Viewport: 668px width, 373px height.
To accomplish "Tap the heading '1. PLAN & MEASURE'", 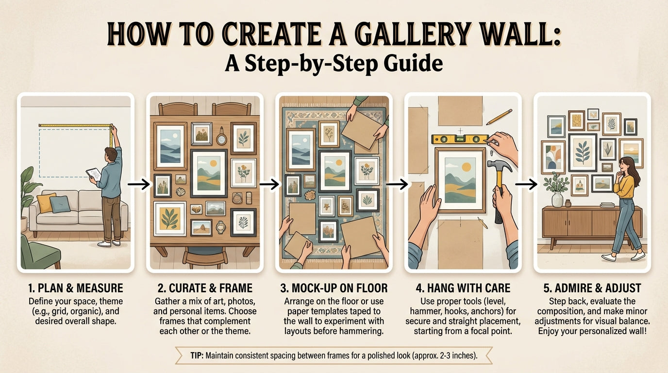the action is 75,288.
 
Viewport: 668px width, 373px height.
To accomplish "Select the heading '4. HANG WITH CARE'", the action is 463,288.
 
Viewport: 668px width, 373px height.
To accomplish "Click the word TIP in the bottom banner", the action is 197,356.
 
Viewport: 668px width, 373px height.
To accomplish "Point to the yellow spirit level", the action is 460,139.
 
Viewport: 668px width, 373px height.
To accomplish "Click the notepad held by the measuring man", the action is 94,173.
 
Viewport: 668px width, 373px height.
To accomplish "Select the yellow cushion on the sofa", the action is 46,203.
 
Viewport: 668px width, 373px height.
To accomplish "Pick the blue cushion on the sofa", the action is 60,204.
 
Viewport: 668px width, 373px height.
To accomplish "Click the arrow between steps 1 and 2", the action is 139,184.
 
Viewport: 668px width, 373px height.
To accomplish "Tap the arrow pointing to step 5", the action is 526,184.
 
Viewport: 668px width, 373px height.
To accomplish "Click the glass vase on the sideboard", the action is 557,199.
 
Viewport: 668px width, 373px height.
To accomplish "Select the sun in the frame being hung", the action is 466,167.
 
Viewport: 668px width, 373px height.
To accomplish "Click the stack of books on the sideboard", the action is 607,204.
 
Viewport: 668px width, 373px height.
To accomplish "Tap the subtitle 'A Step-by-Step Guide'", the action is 334,63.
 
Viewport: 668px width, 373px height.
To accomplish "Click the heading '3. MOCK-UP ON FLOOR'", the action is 334,288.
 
